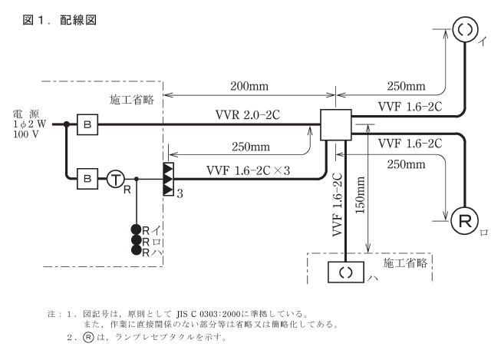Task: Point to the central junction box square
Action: point(334,124)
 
